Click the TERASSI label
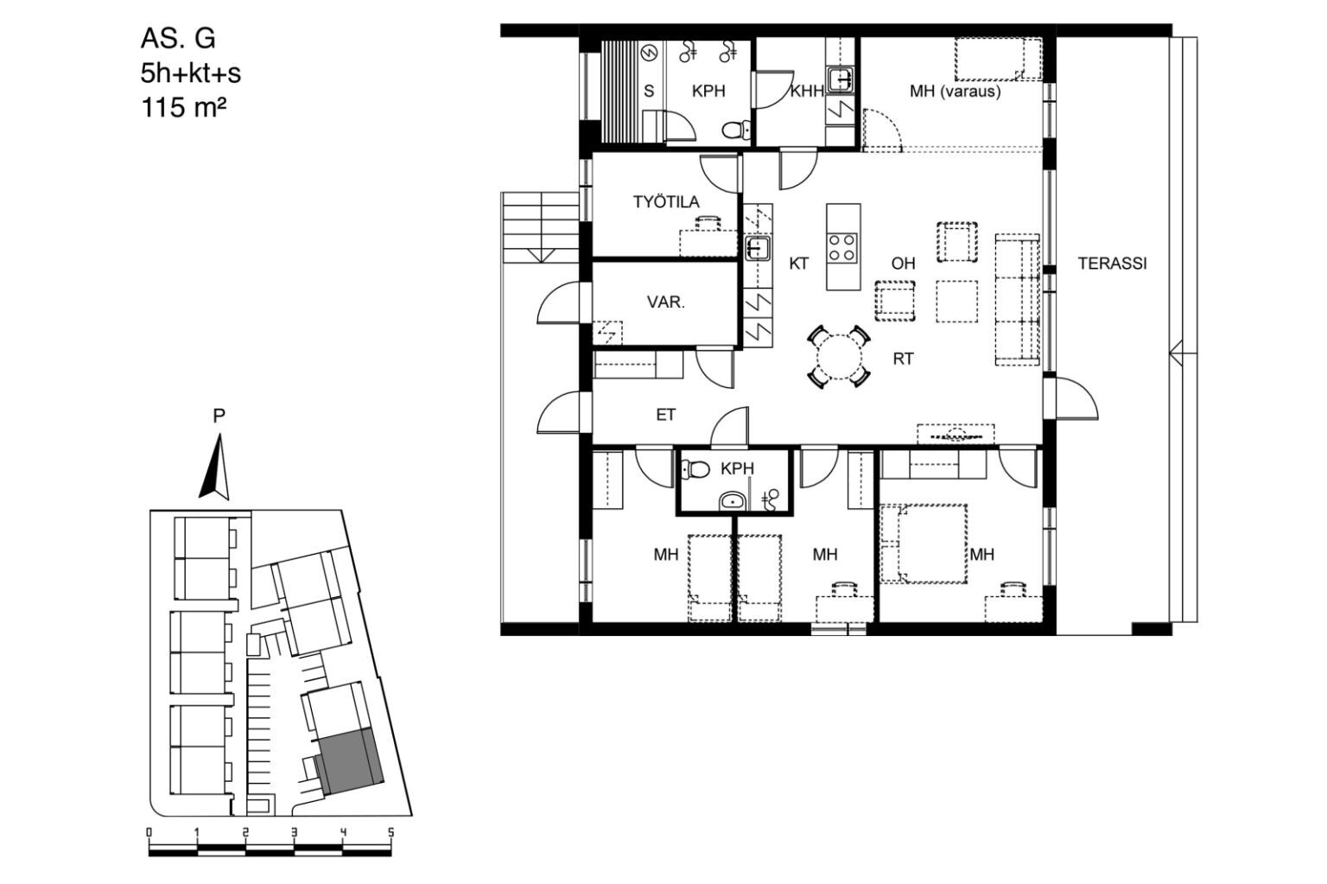tap(1112, 264)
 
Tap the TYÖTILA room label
tap(666, 201)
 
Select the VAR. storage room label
tap(665, 302)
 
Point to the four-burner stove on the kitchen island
tap(843, 248)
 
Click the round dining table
tap(839, 357)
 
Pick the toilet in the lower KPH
tap(695, 470)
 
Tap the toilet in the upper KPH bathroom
tap(736, 130)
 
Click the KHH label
tap(807, 92)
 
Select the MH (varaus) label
tap(955, 92)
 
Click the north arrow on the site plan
tap(215, 467)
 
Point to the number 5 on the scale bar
tap(390, 832)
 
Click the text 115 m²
tap(184, 108)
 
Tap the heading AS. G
tap(178, 39)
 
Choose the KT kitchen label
tap(798, 264)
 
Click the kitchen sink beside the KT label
tap(758, 248)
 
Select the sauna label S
tap(650, 92)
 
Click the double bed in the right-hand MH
tap(924, 544)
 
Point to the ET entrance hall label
tap(666, 415)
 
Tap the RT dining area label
tap(903, 359)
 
